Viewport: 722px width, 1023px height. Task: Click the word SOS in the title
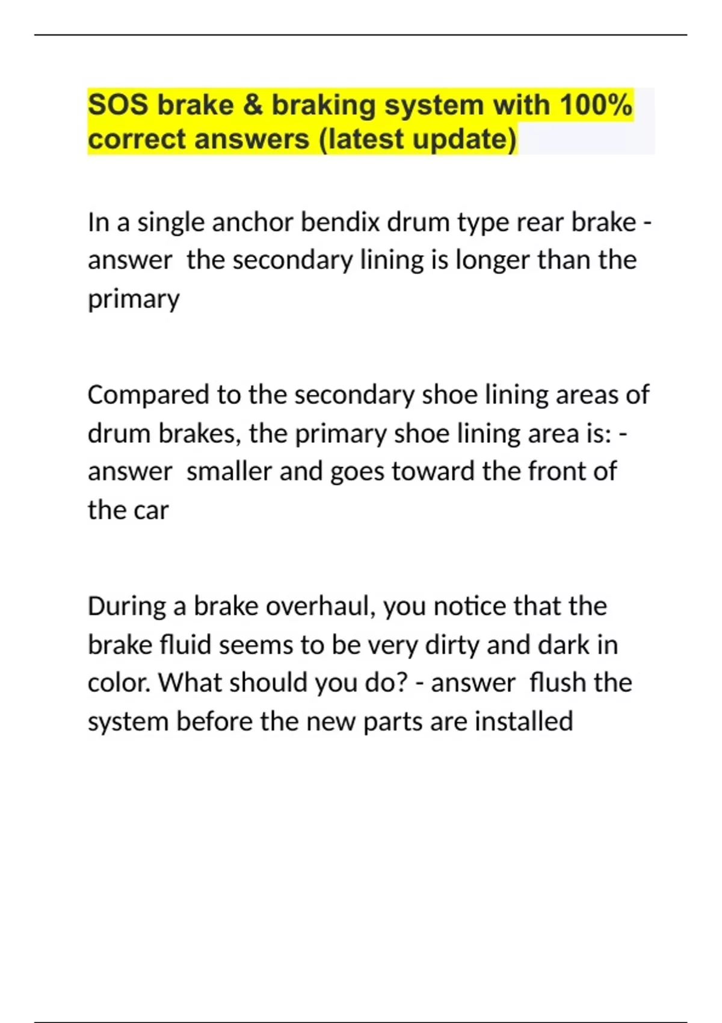[x=118, y=105]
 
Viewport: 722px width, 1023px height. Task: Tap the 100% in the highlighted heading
[x=596, y=105]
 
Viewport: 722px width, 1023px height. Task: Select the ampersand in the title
[x=253, y=105]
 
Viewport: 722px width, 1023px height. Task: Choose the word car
[x=151, y=510]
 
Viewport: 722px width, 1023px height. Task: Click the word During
[x=126, y=607]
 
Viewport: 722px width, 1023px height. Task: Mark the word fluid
[x=186, y=645]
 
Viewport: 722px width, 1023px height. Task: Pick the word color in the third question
[x=119, y=683]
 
